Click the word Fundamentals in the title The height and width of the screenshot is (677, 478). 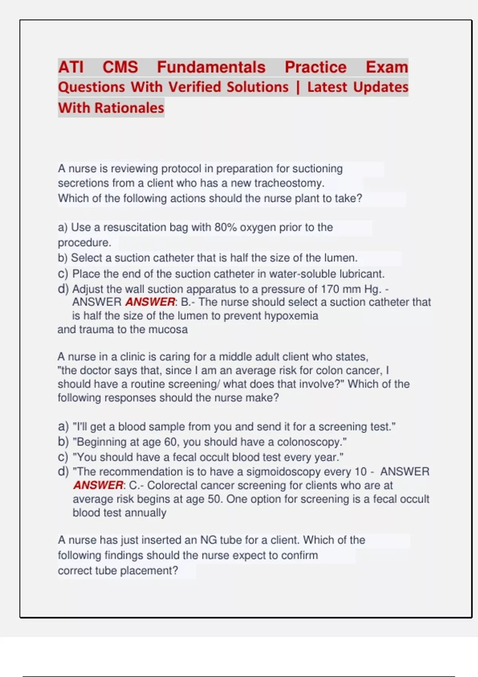[211, 67]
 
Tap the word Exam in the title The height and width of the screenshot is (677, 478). [387, 67]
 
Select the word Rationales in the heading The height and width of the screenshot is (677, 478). [129, 108]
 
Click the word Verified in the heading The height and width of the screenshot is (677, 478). [194, 87]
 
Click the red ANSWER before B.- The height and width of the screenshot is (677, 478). [150, 302]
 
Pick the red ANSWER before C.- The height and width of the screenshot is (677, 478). [98, 485]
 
